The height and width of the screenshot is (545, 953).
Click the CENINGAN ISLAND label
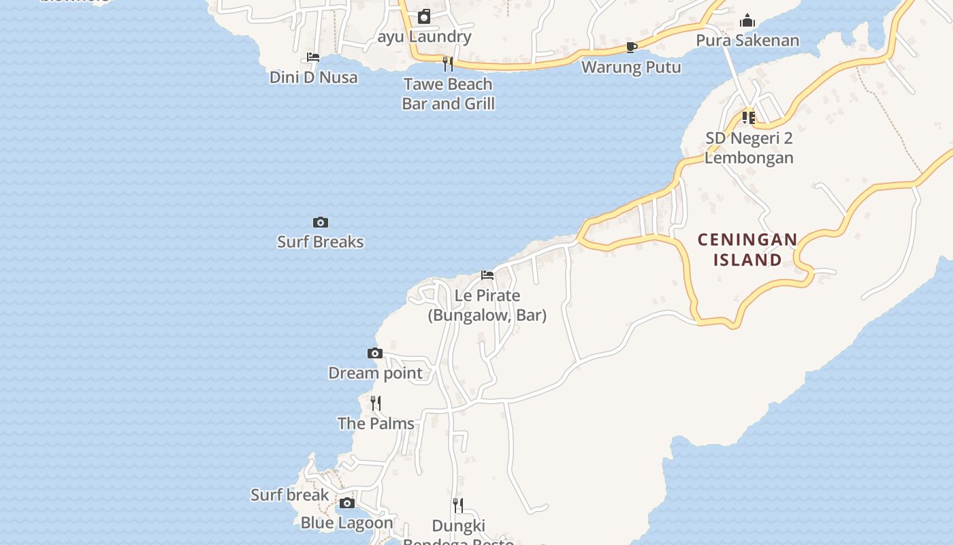pos(747,249)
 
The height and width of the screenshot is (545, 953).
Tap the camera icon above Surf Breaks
pos(321,223)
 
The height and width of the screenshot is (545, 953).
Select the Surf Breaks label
pos(321,242)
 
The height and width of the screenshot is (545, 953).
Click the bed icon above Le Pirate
pos(487,275)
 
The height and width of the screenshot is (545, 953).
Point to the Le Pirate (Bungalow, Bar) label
pos(487,305)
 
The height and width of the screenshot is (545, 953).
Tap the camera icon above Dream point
pos(375,353)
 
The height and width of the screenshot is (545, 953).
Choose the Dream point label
pos(375,373)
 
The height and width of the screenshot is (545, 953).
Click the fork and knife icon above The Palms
pos(376,403)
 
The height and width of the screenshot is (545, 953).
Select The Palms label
pos(376,424)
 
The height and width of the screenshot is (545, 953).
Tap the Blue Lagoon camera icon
pos(347,503)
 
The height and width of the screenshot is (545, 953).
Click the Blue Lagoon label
pos(347,523)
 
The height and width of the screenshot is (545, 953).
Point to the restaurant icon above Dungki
pos(458,505)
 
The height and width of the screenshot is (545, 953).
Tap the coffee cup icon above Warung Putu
pos(631,47)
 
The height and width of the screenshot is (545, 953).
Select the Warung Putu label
pos(631,67)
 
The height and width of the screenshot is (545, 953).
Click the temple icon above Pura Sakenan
pos(747,20)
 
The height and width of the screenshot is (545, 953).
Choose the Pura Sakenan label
pos(747,41)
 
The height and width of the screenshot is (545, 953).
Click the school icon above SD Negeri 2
pos(749,118)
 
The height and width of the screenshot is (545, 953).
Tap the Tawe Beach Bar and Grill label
pos(448,94)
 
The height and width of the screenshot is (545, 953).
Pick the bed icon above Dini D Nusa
pos(313,57)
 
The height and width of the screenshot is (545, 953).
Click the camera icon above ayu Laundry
pos(424,16)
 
